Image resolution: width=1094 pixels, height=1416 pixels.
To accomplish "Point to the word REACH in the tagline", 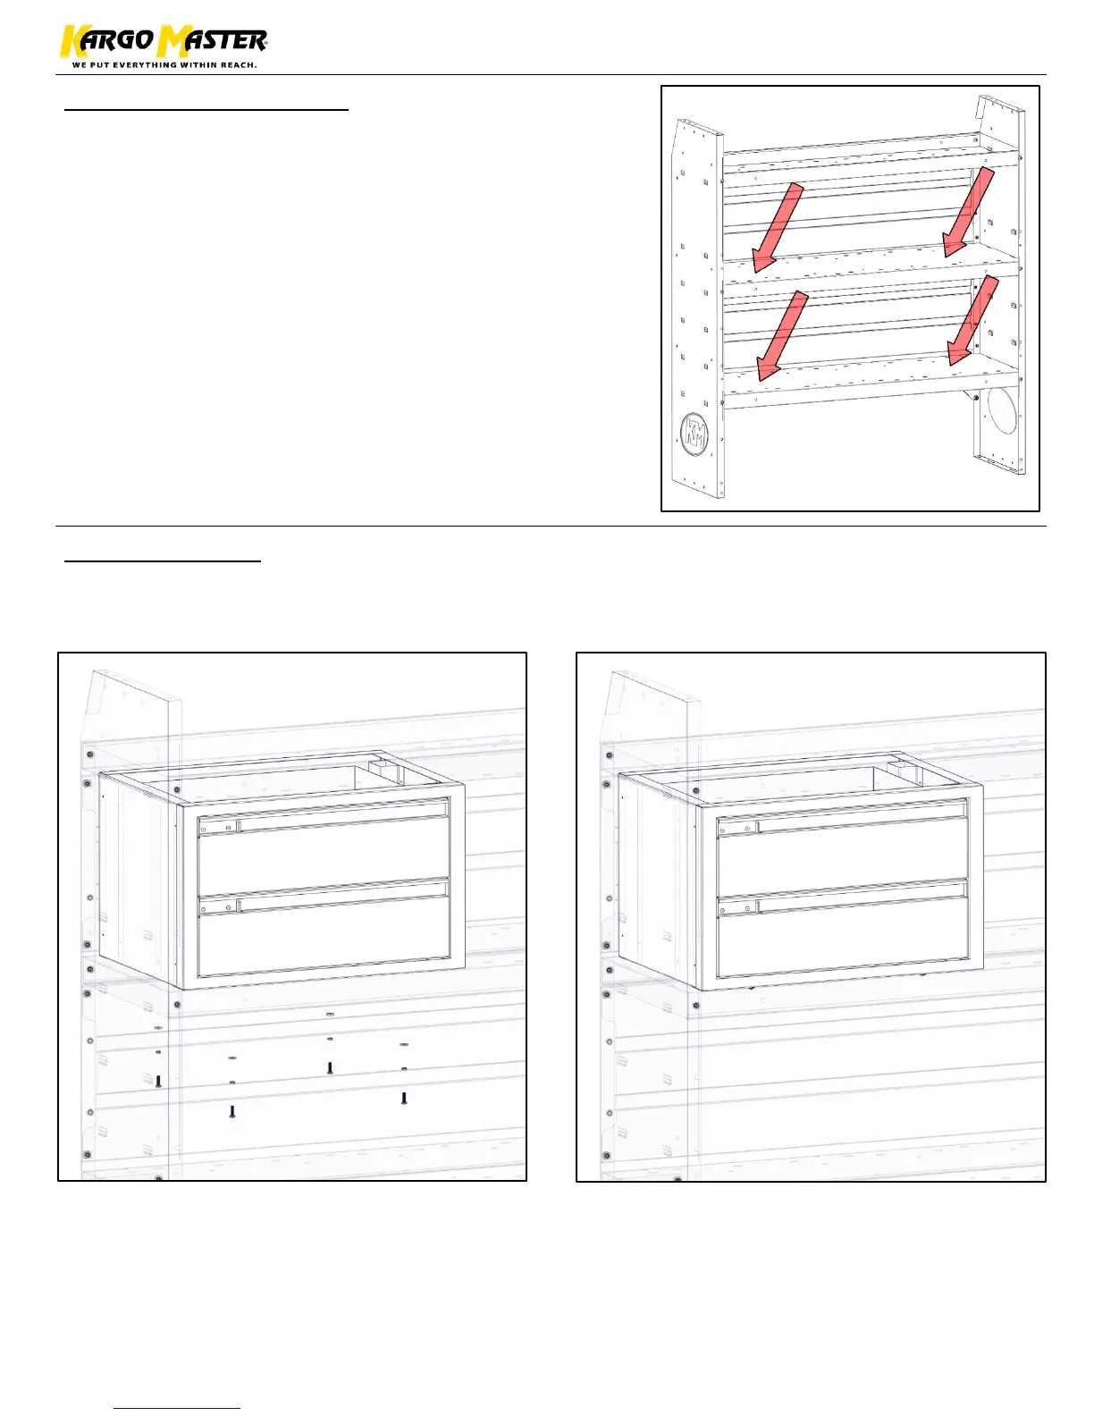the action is [x=239, y=65].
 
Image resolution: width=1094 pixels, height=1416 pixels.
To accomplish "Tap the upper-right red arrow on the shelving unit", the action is [x=969, y=211].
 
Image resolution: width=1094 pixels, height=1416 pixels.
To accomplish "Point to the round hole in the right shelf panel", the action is [x=1000, y=411].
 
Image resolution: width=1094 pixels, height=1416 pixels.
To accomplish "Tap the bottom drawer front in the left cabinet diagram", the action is [x=324, y=935].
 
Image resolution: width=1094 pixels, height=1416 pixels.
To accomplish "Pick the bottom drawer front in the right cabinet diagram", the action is [x=842, y=935].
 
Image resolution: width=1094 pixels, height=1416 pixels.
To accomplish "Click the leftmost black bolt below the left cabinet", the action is [x=158, y=1082].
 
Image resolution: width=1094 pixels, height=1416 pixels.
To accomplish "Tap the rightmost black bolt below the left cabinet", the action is [x=404, y=1098].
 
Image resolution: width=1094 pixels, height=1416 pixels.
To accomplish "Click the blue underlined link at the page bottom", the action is [x=177, y=1408].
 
